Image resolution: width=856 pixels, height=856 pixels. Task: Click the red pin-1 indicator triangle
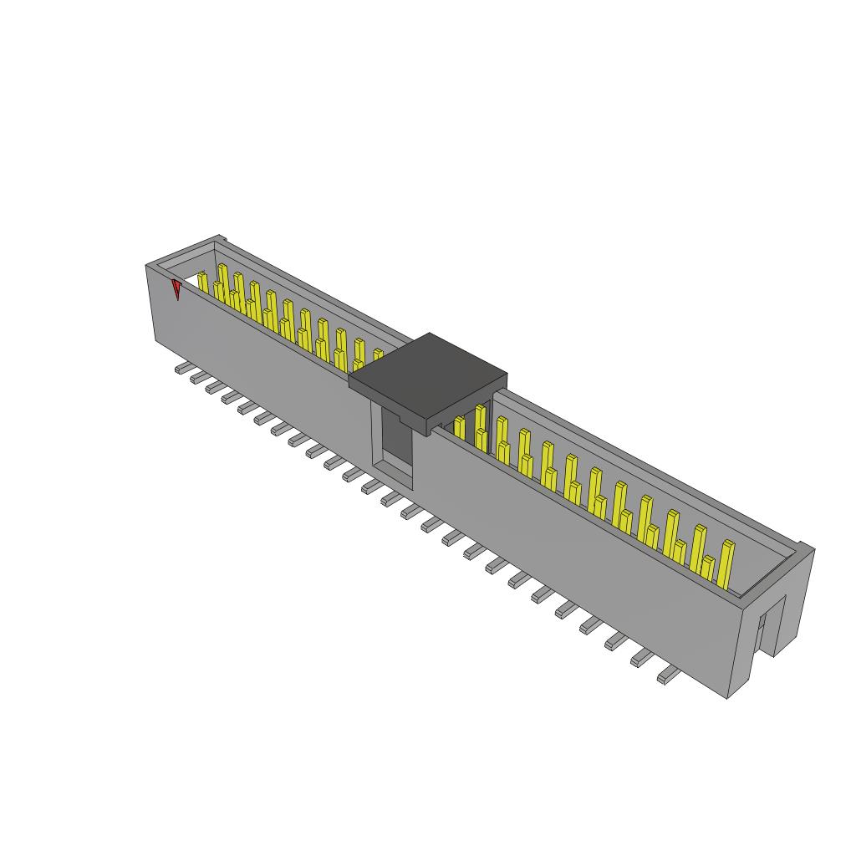(x=176, y=289)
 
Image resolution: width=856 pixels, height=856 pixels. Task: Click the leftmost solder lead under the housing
(x=181, y=368)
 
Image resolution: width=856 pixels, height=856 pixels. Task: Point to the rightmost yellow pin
(x=726, y=563)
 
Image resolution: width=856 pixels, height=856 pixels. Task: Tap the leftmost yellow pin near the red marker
(x=202, y=282)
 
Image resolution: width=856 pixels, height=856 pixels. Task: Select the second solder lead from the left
(x=198, y=378)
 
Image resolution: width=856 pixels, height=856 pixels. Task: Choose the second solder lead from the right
(x=642, y=659)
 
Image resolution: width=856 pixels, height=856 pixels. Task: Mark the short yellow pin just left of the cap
(x=377, y=354)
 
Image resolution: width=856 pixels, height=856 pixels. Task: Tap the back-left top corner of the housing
(x=221, y=239)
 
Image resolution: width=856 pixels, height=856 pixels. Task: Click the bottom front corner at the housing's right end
(x=727, y=696)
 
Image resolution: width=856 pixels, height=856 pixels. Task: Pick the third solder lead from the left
(x=214, y=387)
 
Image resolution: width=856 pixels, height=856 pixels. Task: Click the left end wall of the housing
(x=164, y=309)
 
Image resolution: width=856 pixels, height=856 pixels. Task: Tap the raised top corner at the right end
(x=805, y=546)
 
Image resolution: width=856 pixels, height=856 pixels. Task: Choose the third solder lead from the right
(x=617, y=641)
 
